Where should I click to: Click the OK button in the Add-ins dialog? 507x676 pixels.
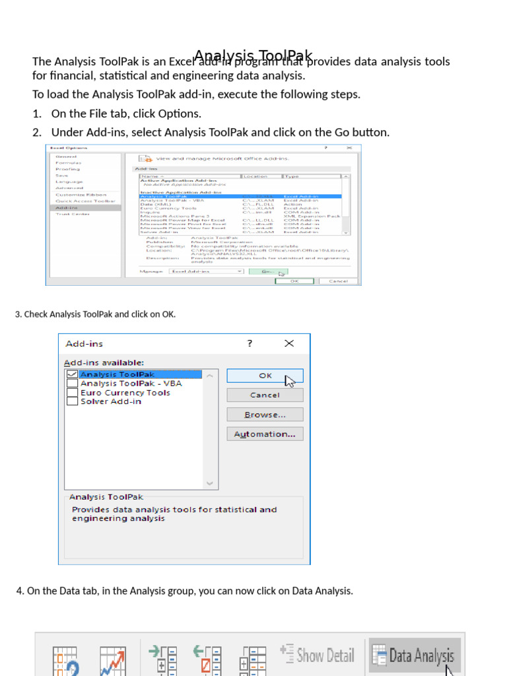(265, 376)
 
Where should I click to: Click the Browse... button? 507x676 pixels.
(265, 415)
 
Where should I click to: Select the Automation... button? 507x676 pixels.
(265, 434)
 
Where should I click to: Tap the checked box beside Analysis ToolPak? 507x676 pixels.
(72, 374)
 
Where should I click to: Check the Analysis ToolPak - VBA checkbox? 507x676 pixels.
(72, 384)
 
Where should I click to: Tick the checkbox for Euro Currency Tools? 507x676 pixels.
(72, 393)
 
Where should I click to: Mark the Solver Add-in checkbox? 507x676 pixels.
(72, 401)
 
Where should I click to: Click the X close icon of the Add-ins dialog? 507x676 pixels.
(289, 343)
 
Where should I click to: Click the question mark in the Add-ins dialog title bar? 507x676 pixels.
(250, 343)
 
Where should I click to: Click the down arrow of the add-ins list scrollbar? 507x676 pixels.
(211, 483)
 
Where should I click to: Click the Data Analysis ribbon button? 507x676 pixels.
(414, 656)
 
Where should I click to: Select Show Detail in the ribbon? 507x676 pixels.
(318, 655)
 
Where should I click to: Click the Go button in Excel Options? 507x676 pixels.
(268, 271)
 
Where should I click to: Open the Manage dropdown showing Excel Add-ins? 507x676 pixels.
(206, 271)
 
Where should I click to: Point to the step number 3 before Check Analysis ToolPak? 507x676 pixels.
(17, 314)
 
